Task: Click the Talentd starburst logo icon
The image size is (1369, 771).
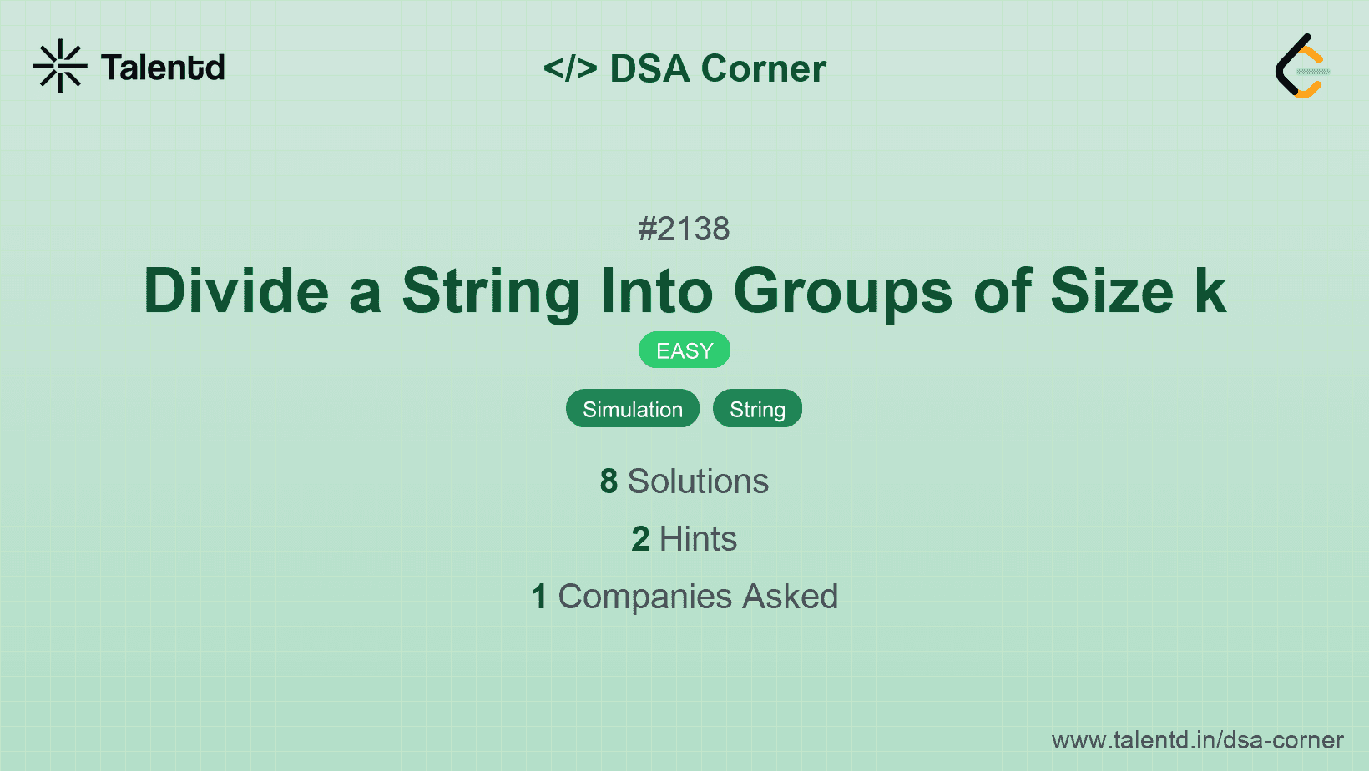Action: tap(60, 66)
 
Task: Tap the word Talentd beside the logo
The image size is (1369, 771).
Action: tap(163, 68)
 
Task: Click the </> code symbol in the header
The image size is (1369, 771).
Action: tap(569, 68)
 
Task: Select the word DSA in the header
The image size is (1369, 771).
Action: tap(649, 68)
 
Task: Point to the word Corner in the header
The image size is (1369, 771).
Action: tap(763, 68)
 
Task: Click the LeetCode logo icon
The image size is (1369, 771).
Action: tap(1302, 67)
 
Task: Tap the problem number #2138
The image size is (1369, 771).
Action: tap(684, 229)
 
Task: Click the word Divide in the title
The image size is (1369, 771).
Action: tap(236, 291)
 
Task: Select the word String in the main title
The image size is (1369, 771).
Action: tap(490, 291)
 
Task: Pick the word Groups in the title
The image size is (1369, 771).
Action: tap(842, 291)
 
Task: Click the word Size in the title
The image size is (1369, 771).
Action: tap(1111, 291)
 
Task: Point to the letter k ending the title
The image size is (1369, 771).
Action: tap(1210, 291)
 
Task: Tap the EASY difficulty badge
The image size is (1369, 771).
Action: tap(684, 350)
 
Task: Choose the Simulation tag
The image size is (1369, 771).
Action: tap(633, 409)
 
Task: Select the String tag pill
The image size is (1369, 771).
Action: tap(757, 409)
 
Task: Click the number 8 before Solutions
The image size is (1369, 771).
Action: tap(609, 481)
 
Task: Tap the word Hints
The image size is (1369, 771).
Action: tap(698, 539)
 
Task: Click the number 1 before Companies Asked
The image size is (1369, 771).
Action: tap(539, 597)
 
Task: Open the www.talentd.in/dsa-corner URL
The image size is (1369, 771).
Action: tap(1197, 740)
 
